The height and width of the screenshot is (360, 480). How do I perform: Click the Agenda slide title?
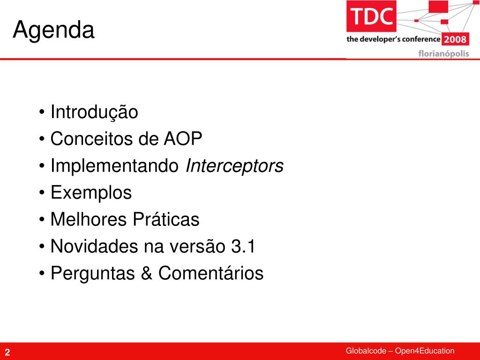point(53,30)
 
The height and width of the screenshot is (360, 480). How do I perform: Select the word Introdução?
point(94,112)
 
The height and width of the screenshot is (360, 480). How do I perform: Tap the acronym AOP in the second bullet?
point(183,139)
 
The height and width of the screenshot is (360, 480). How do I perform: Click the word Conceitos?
point(91,139)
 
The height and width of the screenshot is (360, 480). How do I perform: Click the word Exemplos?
point(91,193)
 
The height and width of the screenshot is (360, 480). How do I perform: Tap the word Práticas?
point(166,219)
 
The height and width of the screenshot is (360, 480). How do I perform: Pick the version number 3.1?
point(243,246)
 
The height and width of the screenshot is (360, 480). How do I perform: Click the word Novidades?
point(94,246)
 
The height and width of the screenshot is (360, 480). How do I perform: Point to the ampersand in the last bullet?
point(147,273)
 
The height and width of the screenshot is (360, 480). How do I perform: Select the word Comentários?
point(211,273)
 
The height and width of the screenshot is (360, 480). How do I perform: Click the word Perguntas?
point(93,274)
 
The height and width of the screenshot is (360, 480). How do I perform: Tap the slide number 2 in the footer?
point(7,352)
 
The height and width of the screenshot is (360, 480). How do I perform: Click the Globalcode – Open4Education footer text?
point(400,351)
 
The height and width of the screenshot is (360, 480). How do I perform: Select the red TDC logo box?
point(371,16)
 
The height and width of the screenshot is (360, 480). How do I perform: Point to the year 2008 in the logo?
point(455,39)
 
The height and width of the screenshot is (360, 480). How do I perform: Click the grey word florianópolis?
point(443,53)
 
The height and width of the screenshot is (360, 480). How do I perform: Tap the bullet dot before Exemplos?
point(42,193)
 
